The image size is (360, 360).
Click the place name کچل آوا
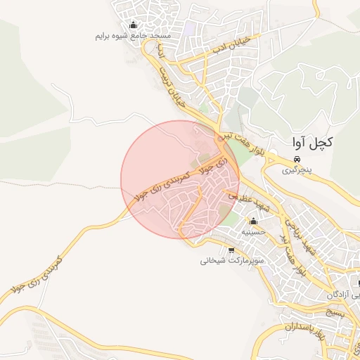[310, 142]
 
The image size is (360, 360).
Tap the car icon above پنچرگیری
[298, 160]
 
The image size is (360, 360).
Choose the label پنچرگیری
[296, 170]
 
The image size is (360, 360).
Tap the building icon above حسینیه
[253, 221]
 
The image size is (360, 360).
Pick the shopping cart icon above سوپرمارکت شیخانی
[232, 250]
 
